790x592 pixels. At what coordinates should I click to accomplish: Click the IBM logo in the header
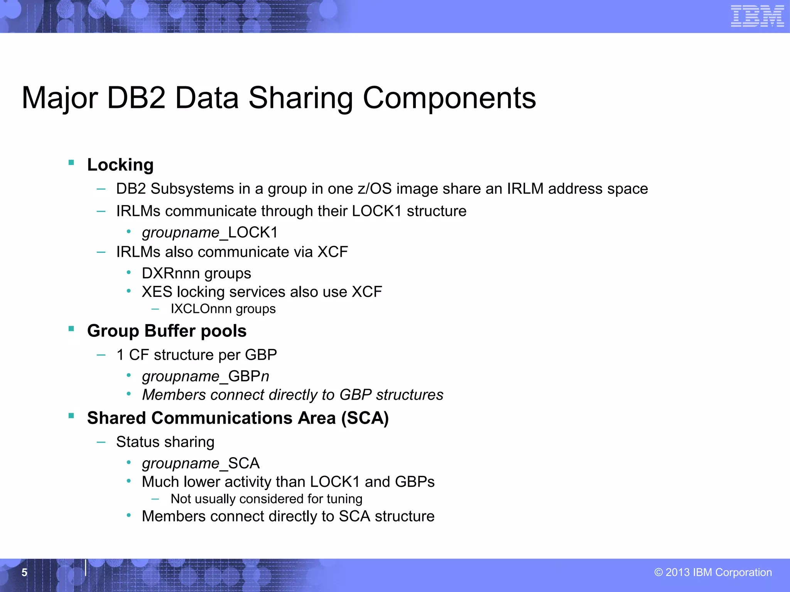pyautogui.click(x=757, y=16)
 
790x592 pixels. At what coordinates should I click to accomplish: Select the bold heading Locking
pyautogui.click(x=120, y=165)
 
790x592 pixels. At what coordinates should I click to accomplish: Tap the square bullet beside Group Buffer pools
pyautogui.click(x=71, y=329)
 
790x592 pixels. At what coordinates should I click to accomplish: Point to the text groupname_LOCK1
pyautogui.click(x=210, y=233)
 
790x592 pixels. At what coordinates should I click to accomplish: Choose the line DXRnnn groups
pyautogui.click(x=196, y=273)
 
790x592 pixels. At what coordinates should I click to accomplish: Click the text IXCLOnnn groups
pyautogui.click(x=223, y=309)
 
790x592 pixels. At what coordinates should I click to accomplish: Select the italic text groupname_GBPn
pyautogui.click(x=206, y=376)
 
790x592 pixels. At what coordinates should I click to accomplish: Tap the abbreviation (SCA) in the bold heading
pyautogui.click(x=365, y=418)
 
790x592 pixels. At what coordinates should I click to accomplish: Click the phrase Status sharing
pyautogui.click(x=165, y=442)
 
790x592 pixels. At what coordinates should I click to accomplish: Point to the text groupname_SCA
pyautogui.click(x=201, y=463)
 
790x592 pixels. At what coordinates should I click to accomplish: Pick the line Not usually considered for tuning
pyautogui.click(x=267, y=499)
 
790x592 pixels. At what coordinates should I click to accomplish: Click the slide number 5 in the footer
pyautogui.click(x=24, y=573)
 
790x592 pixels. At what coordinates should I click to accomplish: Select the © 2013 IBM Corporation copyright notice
pyautogui.click(x=713, y=572)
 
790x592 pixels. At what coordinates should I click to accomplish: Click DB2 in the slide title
pyautogui.click(x=136, y=98)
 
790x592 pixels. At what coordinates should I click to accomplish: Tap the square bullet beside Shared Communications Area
pyautogui.click(x=71, y=415)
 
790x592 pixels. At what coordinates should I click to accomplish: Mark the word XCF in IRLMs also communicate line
pyautogui.click(x=333, y=252)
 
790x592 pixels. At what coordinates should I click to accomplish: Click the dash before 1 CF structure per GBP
pyautogui.click(x=101, y=355)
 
